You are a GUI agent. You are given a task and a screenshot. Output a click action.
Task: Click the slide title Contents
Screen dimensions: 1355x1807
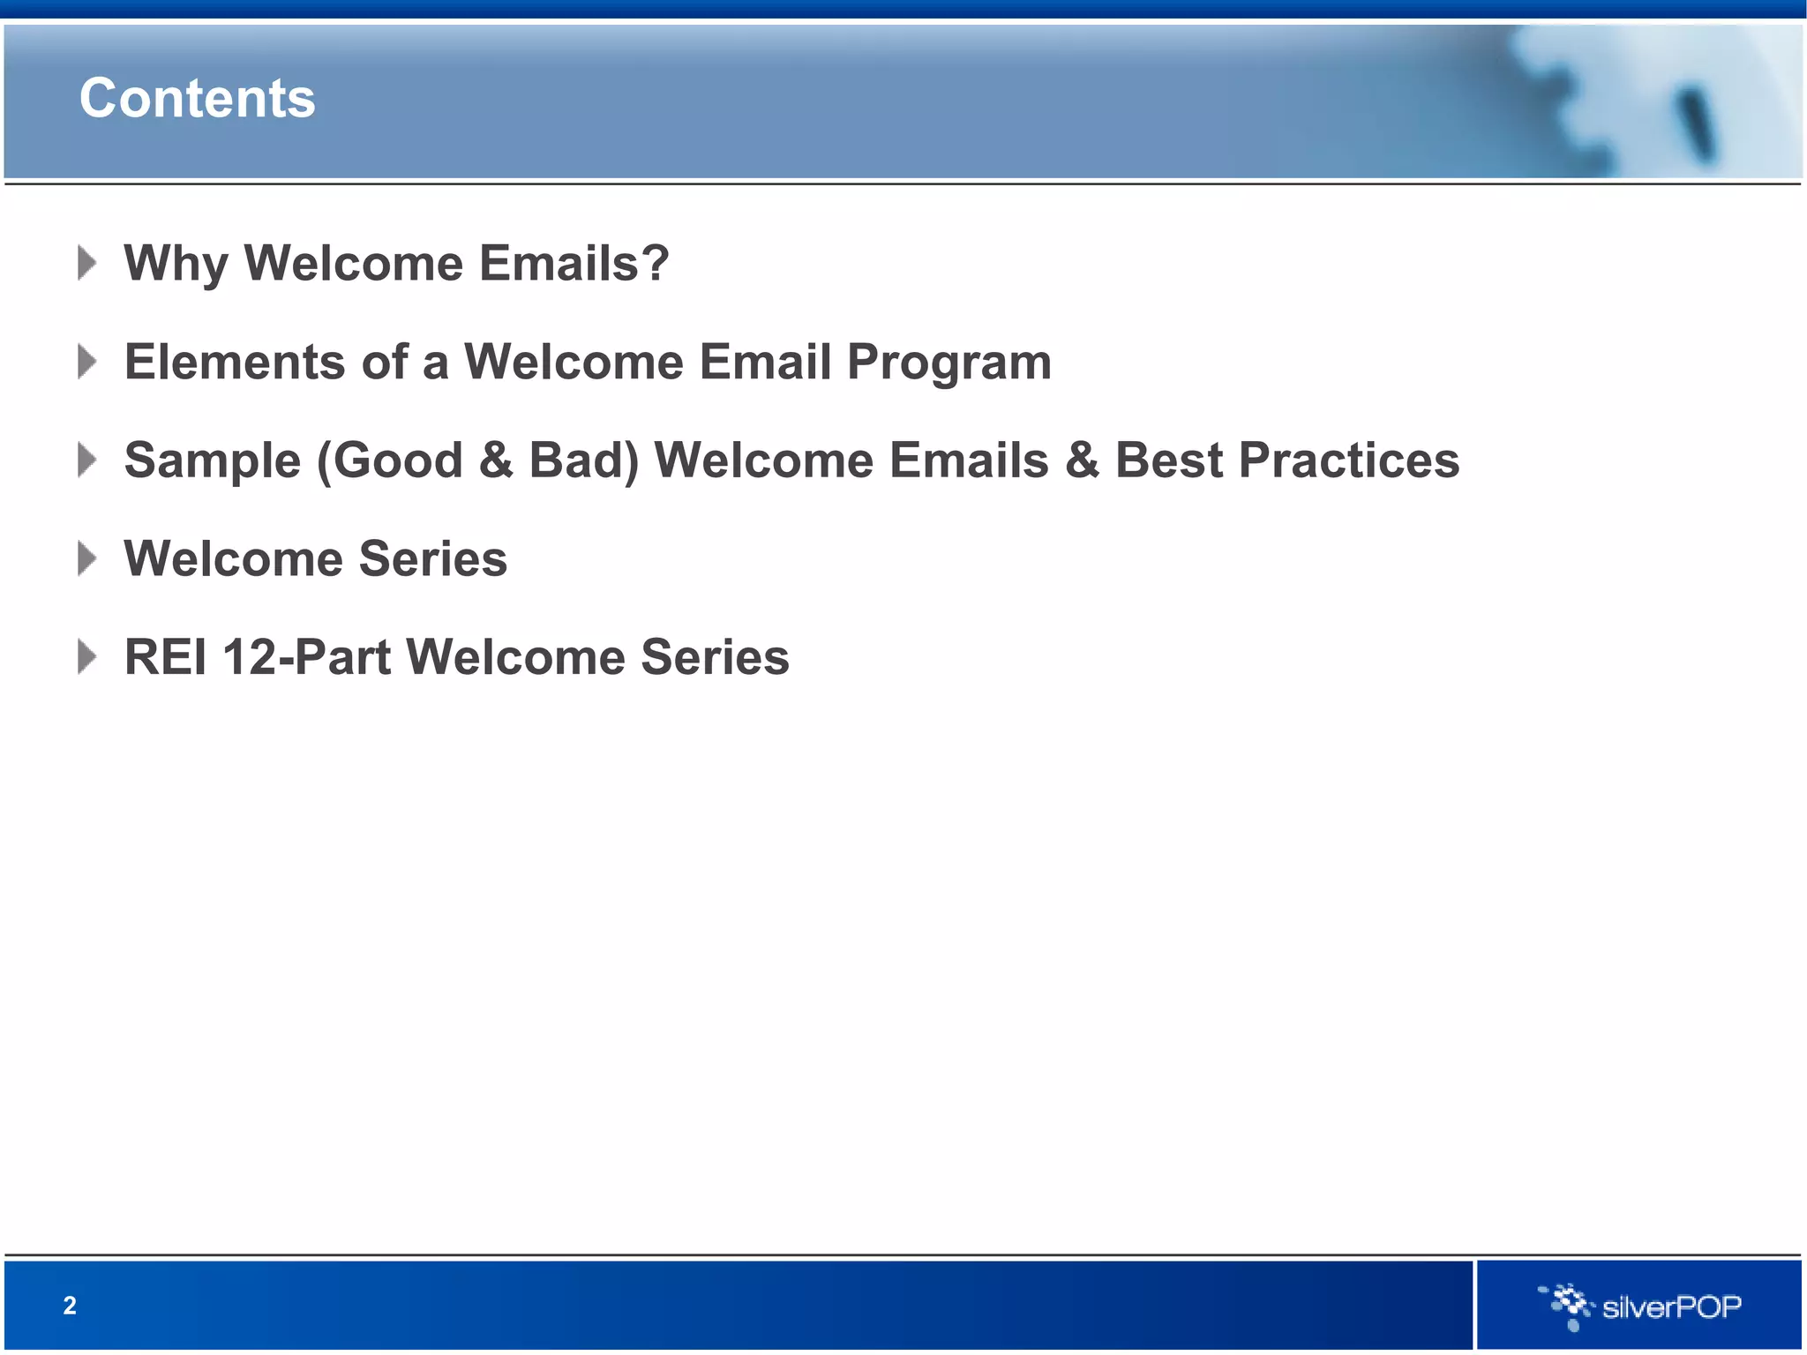point(197,98)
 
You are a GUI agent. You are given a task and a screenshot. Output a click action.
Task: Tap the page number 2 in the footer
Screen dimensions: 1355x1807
point(70,1306)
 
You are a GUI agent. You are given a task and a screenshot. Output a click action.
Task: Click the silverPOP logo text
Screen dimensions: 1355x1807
point(1671,1306)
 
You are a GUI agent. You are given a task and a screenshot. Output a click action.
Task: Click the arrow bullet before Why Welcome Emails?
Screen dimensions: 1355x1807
point(86,263)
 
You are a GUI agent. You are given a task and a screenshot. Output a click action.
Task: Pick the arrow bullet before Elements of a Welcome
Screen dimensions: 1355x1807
point(86,362)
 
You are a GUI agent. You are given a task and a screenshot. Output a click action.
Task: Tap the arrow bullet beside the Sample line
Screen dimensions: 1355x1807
point(86,460)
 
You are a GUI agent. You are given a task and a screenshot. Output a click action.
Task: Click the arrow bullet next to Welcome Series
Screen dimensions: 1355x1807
point(86,558)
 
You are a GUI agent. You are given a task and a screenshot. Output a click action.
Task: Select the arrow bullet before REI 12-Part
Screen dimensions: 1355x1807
point(86,657)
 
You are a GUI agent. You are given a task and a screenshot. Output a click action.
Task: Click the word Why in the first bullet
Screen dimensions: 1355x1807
point(176,264)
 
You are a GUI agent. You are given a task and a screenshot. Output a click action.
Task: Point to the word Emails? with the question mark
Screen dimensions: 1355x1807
point(574,264)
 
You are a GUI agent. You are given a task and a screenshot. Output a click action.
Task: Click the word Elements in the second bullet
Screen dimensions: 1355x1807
point(235,363)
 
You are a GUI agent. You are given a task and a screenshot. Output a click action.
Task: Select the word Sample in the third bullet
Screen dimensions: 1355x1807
point(213,461)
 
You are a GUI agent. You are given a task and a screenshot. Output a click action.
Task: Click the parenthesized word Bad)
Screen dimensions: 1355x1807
point(583,461)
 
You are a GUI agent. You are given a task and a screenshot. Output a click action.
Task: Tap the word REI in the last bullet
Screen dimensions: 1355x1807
point(165,658)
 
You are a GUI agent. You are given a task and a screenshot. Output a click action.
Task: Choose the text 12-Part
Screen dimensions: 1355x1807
point(306,658)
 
